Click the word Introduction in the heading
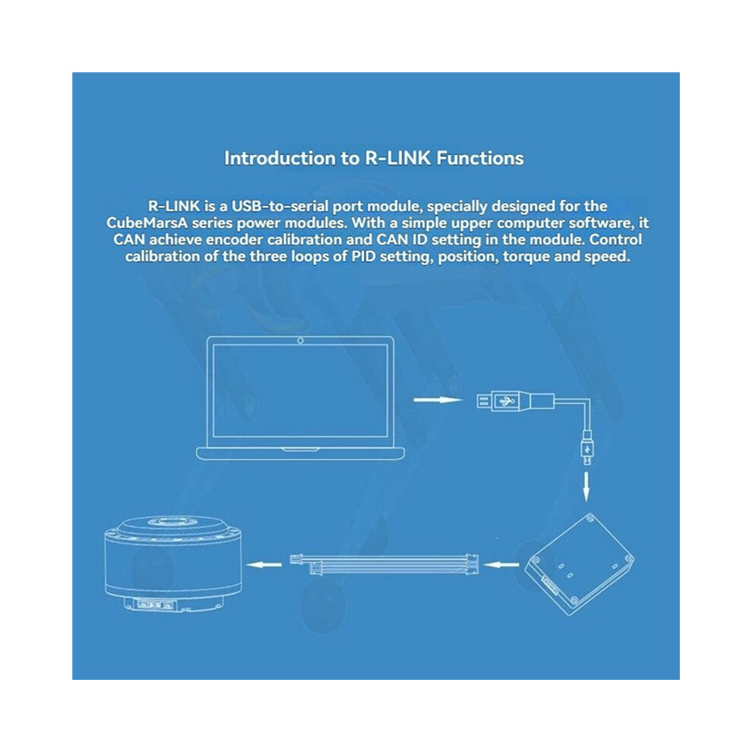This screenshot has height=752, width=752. pyautogui.click(x=280, y=158)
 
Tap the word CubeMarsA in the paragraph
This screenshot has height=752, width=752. pyautogui.click(x=147, y=223)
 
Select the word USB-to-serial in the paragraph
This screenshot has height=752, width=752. pyautogui.click(x=280, y=206)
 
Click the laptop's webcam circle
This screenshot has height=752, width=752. pyautogui.click(x=300, y=340)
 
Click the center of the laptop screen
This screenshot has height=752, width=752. pyautogui.click(x=300, y=390)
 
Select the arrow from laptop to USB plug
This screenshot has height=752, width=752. pyautogui.click(x=437, y=400)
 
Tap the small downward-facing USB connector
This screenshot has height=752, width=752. pyautogui.click(x=586, y=448)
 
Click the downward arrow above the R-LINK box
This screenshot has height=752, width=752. pyautogui.click(x=586, y=487)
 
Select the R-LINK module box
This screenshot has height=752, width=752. pyautogui.click(x=580, y=564)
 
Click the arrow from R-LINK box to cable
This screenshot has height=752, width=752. pyautogui.click(x=501, y=564)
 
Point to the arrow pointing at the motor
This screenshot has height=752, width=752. pyautogui.click(x=264, y=564)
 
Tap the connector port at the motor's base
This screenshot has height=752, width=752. pyautogui.click(x=155, y=605)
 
